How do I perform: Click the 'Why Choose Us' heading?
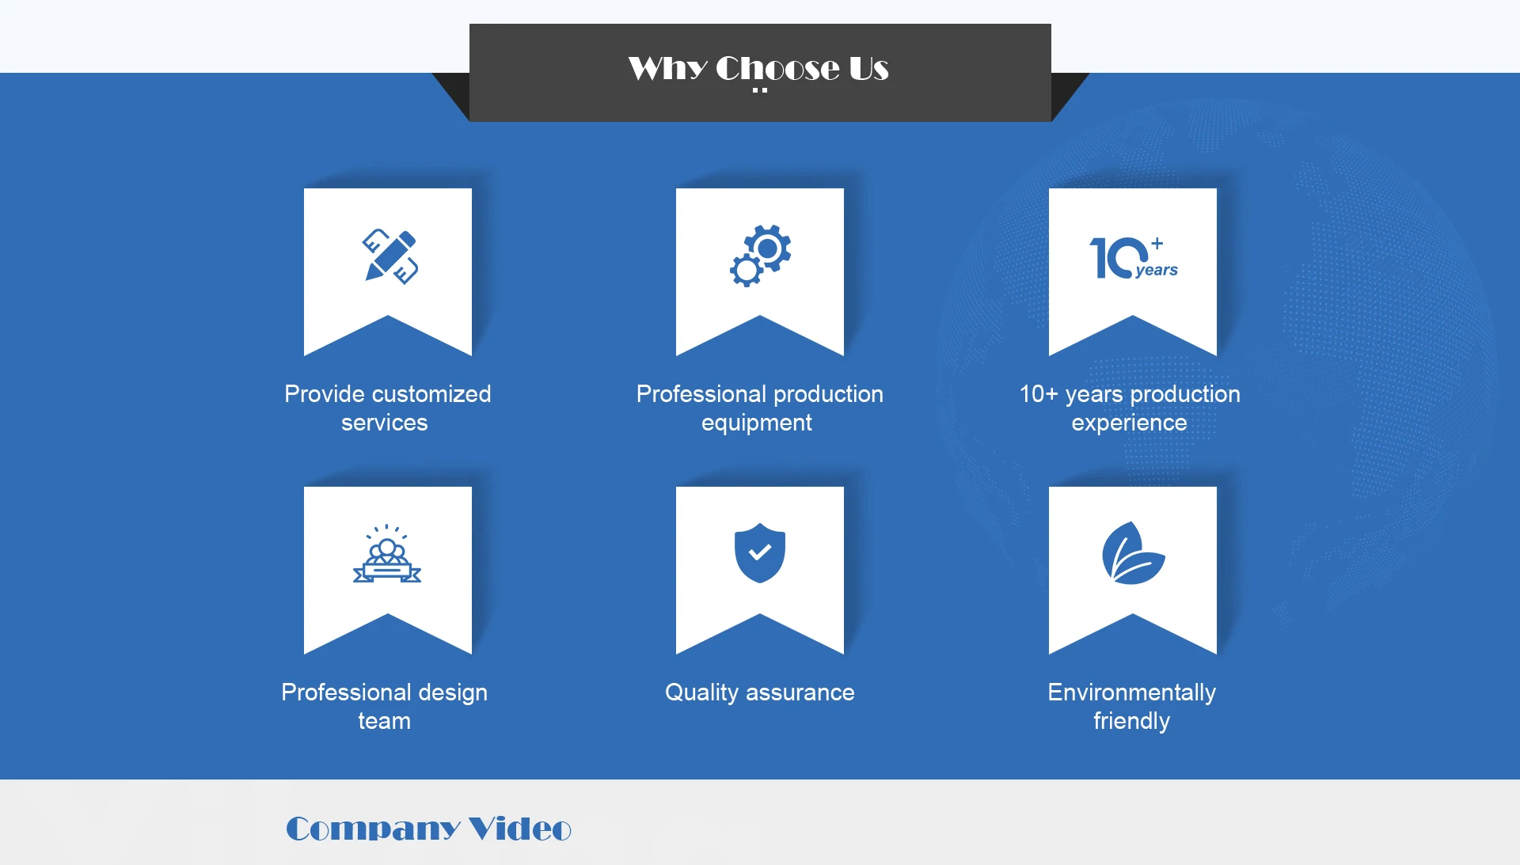pyautogui.click(x=758, y=69)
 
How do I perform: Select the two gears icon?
pyautogui.click(x=760, y=255)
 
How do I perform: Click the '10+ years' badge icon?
pyautogui.click(x=1132, y=257)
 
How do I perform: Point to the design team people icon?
pyautogui.click(x=387, y=554)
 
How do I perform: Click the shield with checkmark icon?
pyautogui.click(x=760, y=553)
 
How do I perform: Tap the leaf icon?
pyautogui.click(x=1133, y=553)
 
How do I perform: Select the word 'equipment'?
pyautogui.click(x=757, y=423)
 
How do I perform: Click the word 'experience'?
pyautogui.click(x=1129, y=423)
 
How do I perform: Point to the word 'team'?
pyautogui.click(x=384, y=722)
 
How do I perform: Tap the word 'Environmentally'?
pyautogui.click(x=1131, y=692)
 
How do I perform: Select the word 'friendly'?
pyautogui.click(x=1131, y=722)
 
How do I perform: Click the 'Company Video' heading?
pyautogui.click(x=428, y=829)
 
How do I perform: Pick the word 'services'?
pyautogui.click(x=384, y=423)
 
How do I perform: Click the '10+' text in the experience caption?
pyautogui.click(x=1038, y=394)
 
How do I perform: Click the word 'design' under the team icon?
pyautogui.click(x=452, y=693)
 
